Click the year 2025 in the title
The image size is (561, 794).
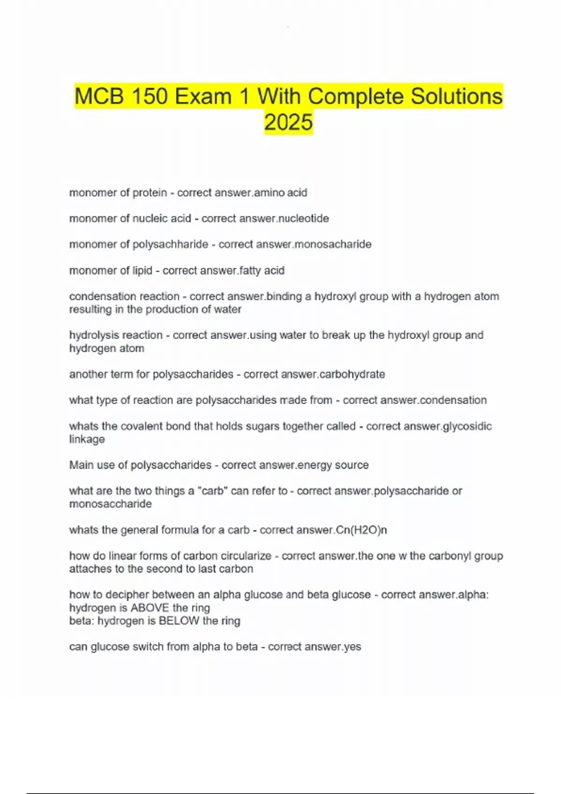coord(288,122)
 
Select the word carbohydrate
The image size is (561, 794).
coord(352,374)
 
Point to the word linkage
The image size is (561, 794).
coord(87,439)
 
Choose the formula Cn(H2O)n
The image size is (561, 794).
coord(361,530)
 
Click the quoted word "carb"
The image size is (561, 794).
coord(213,491)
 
